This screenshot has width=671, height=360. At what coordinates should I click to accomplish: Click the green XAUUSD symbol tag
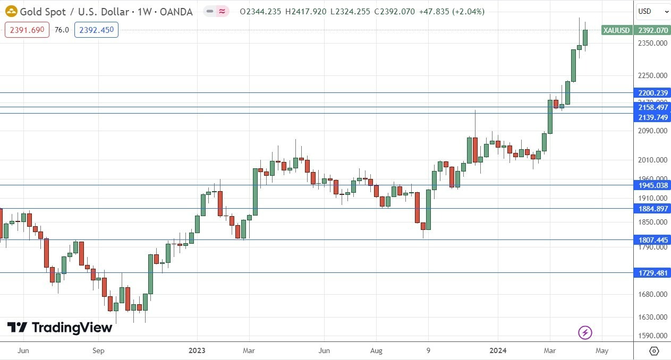(616, 30)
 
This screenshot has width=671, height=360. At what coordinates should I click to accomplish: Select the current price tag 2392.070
(653, 30)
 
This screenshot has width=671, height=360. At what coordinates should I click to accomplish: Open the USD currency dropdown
(653, 11)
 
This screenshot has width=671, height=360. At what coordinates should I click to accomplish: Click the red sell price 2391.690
(27, 30)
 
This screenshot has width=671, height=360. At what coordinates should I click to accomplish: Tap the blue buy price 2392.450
(96, 30)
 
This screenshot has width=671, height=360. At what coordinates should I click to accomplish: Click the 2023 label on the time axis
(197, 350)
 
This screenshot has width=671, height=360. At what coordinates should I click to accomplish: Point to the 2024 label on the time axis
(498, 350)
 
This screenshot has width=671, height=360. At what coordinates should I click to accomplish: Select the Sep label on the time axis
(98, 350)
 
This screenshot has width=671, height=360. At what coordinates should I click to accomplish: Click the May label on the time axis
(601, 350)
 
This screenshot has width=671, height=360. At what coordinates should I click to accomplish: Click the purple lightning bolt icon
(585, 333)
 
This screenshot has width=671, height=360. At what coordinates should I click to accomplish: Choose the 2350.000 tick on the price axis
(653, 44)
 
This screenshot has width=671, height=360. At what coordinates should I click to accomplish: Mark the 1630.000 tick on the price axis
(653, 318)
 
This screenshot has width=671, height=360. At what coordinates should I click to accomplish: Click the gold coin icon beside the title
(11, 11)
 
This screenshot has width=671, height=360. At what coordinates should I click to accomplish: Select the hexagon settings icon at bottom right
(654, 350)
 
